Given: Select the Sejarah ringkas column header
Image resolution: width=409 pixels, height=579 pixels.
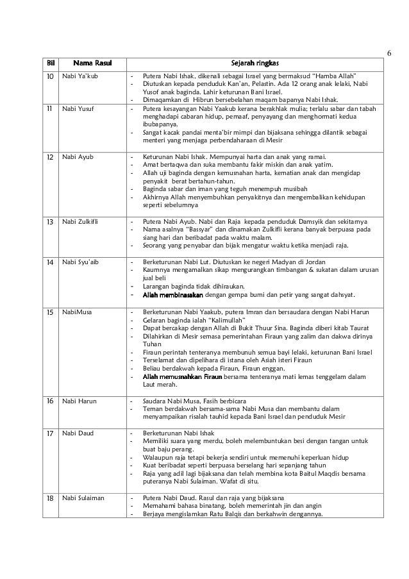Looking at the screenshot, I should click(x=255, y=63).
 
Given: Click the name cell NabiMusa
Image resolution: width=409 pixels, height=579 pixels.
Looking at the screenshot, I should click(x=75, y=311).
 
